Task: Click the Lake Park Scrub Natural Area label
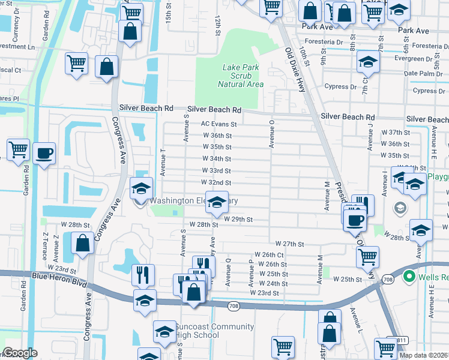pos(240,76)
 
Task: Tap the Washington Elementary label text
pos(193,200)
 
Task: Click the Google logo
pos(20,353)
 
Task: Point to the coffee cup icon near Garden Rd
pos(44,154)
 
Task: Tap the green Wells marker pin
pos(409,277)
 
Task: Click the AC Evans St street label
pos(219,124)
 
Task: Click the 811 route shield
pos(400,340)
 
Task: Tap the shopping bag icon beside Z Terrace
pos(83,243)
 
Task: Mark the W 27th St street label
pos(290,244)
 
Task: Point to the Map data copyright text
pos(423,354)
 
